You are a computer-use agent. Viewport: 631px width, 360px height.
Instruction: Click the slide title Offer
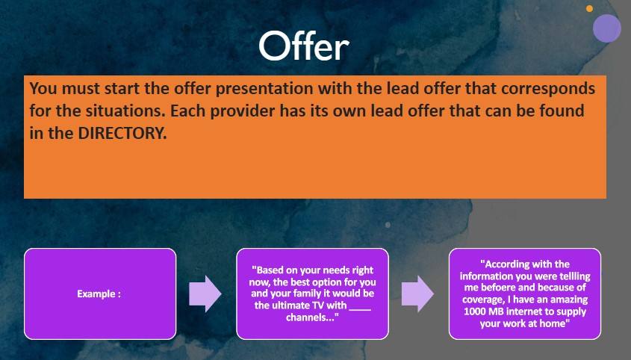pos(304,46)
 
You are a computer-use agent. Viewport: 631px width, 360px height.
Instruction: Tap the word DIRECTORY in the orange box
pos(122,133)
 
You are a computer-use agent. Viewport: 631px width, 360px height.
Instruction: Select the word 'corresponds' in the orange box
pos(547,89)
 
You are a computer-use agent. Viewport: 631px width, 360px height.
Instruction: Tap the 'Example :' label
pos(99,294)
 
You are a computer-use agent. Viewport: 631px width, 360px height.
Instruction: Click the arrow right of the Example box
pos(205,294)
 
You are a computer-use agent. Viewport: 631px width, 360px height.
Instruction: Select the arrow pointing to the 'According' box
pos(417,294)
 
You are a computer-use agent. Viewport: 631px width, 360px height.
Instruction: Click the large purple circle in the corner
pos(607,28)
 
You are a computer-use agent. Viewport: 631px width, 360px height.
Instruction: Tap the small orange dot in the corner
pos(589,8)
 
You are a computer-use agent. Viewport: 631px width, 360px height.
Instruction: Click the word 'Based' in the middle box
pos(269,270)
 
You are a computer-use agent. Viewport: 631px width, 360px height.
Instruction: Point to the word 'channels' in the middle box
pos(308,317)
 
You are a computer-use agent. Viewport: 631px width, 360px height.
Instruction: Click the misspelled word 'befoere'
pos(499,288)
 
